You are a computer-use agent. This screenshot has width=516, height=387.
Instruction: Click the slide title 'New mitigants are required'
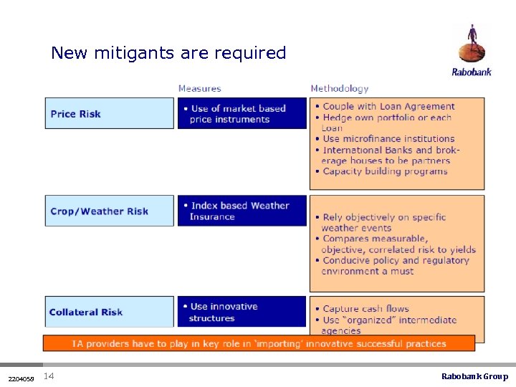[168, 53]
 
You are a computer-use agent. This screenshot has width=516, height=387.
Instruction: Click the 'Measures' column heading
[199, 89]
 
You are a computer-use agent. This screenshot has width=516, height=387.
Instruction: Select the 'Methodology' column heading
[339, 89]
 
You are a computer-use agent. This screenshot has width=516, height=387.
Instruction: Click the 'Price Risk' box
[109, 113]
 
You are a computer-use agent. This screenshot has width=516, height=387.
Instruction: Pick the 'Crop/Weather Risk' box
[109, 211]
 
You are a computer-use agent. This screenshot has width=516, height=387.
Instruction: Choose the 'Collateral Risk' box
[109, 312]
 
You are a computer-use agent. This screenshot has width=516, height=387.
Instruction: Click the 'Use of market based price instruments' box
[242, 113]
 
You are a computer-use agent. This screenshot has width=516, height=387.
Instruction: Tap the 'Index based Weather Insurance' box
[242, 211]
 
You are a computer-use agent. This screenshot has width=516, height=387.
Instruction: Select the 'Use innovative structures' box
[242, 312]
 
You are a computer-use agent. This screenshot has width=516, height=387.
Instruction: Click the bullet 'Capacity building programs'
[385, 171]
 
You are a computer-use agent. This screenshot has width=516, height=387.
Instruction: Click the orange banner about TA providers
[259, 343]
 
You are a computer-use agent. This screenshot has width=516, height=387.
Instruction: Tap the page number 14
[49, 376]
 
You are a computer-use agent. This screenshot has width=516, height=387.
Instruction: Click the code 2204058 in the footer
[20, 378]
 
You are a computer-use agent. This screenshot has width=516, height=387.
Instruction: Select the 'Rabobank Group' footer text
[474, 376]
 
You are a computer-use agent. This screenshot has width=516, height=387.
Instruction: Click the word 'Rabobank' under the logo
[472, 72]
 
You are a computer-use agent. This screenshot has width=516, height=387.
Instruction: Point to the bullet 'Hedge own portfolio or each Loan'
[387, 123]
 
